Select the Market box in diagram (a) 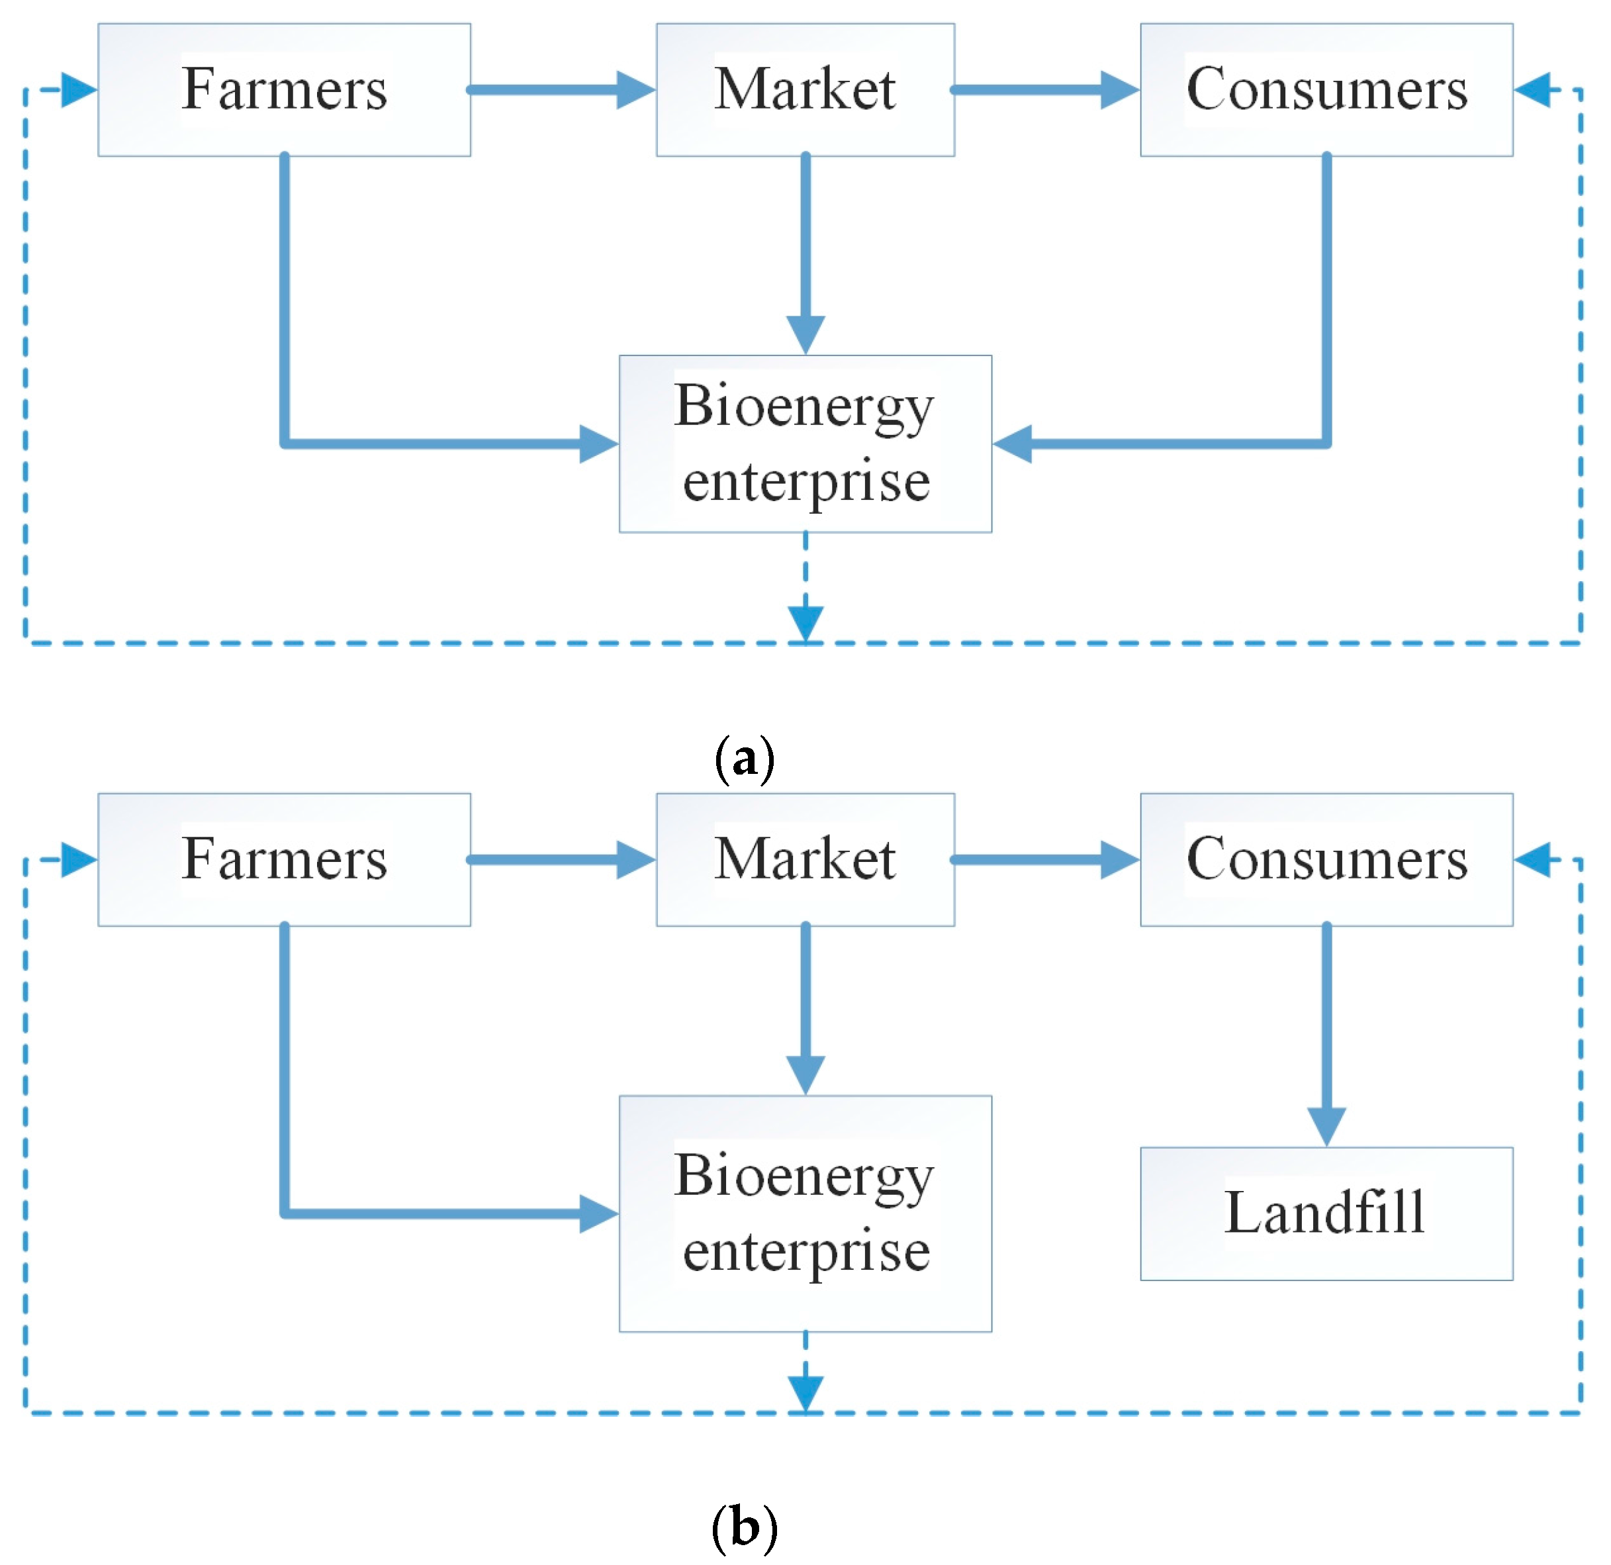[x=805, y=89]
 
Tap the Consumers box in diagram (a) [x=1326, y=89]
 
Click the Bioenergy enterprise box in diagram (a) [x=805, y=444]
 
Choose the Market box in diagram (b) [x=805, y=860]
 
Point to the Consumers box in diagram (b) [x=1326, y=860]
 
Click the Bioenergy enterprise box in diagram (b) [x=805, y=1213]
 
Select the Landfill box [x=1326, y=1213]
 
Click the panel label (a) [x=744, y=759]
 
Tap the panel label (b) [x=744, y=1529]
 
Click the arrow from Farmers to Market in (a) [x=559, y=89]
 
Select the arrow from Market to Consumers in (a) [x=1044, y=89]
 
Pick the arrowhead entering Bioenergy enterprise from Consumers [x=1013, y=444]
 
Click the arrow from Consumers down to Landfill [x=1326, y=1035]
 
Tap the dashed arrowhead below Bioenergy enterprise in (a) [x=805, y=622]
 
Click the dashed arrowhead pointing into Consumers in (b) [x=1532, y=860]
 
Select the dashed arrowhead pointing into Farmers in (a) [x=79, y=89]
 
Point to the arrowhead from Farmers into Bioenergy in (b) [x=598, y=1213]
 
